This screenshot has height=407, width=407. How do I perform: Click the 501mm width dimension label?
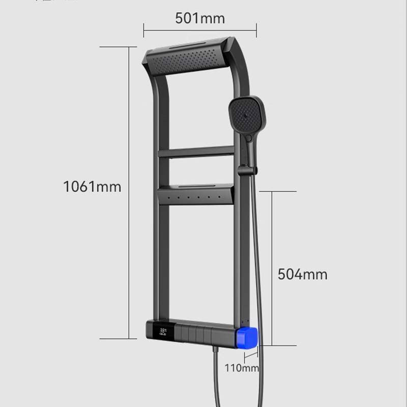coord(200,18)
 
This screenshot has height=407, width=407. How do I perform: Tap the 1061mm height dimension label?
coord(92,187)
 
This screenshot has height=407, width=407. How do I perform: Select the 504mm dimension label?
coord(302,275)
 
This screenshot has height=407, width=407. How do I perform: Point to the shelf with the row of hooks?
coord(195,194)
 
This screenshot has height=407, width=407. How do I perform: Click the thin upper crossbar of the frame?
coord(195,152)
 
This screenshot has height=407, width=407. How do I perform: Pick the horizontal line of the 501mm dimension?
coord(200,31)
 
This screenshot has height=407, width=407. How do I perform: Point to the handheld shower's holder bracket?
coord(246,171)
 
